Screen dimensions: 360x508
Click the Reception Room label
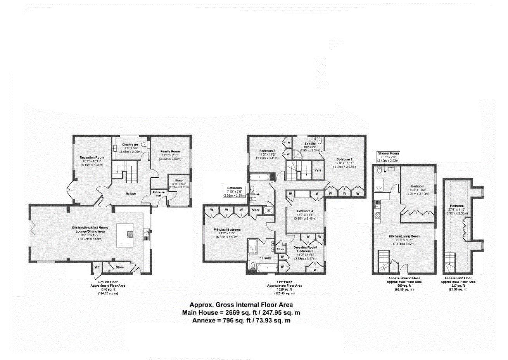[x=92, y=157]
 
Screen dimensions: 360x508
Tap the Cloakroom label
[x=130, y=145]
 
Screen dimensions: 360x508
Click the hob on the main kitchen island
[x=130, y=234]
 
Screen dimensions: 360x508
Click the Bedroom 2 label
[x=344, y=159]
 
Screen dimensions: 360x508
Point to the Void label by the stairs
[x=318, y=170]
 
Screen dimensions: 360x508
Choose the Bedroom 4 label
[x=305, y=211]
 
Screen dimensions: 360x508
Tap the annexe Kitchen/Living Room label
[x=404, y=236]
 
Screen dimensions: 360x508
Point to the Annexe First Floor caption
[x=459, y=278]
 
